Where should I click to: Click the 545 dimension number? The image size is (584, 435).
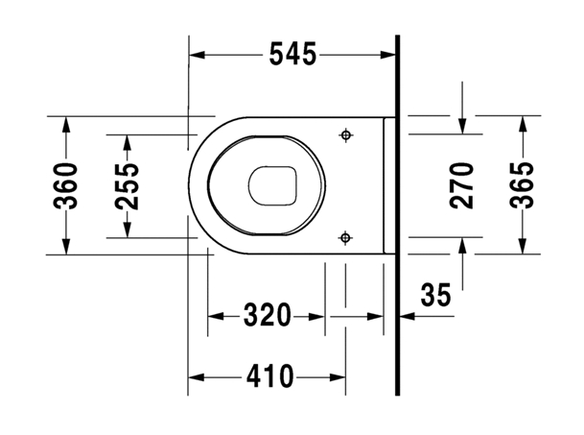(292, 55)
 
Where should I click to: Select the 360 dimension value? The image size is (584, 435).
(66, 185)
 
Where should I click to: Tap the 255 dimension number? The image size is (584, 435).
(127, 186)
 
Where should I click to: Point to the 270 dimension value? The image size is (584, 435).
(462, 185)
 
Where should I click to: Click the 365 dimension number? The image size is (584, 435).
(523, 185)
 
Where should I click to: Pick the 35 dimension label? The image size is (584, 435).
(435, 295)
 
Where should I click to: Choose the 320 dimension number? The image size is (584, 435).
(267, 315)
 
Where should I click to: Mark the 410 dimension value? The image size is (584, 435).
(270, 376)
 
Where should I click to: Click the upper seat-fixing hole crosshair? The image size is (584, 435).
(346, 134)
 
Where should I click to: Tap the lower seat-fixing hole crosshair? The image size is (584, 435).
(345, 237)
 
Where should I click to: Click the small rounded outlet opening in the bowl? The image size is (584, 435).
(272, 185)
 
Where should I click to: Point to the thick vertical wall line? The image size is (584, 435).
(397, 215)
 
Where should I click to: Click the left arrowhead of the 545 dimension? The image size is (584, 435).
(197, 55)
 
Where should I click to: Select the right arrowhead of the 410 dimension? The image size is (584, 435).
(338, 377)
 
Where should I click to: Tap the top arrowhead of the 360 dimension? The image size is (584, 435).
(66, 125)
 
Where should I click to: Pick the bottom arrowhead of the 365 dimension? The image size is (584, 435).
(523, 246)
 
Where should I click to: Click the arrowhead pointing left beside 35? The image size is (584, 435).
(408, 316)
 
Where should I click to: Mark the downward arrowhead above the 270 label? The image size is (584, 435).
(462, 126)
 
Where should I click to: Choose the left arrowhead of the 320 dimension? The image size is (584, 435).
(216, 317)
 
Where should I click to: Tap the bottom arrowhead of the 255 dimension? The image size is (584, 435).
(128, 230)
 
